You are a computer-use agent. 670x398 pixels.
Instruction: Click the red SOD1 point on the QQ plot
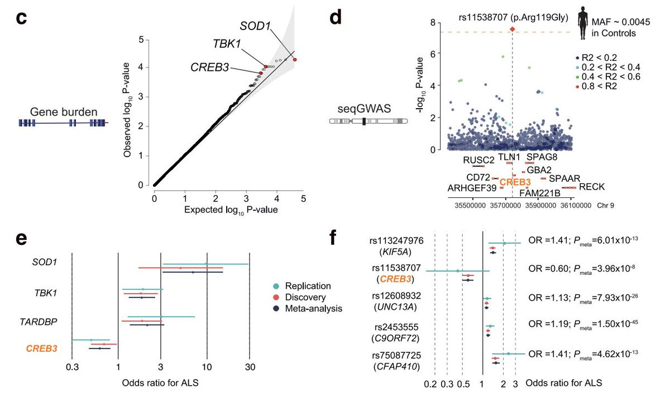pos(295,60)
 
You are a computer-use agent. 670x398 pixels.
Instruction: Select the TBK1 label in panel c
pos(227,44)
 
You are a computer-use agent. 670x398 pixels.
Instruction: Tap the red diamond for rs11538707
pos(513,29)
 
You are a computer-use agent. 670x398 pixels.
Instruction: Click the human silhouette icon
pos(583,23)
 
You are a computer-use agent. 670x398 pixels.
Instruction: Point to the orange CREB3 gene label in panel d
pos(515,182)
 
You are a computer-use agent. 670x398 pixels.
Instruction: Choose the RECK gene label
pos(592,187)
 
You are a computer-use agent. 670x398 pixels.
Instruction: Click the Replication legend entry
pos(302,286)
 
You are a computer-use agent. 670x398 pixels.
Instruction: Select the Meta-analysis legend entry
pos(308,308)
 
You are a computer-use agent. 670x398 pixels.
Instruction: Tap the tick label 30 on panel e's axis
pos(250,367)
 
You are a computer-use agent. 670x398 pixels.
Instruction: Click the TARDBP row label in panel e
pos(39,322)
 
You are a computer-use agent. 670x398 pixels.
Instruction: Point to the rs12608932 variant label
pos(396,295)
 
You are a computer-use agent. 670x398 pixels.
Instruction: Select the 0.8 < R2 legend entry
pos(596,86)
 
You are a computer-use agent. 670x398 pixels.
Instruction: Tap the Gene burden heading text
pos(64,112)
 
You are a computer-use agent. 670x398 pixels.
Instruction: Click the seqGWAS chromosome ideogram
pos(368,121)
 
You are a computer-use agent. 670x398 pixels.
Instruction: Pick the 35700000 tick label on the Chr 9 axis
pos(505,206)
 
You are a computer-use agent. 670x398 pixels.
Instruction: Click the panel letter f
pos(333,237)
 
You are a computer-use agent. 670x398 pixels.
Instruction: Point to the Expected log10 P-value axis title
pos(231,210)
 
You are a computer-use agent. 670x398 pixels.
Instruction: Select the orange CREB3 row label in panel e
pos(41,348)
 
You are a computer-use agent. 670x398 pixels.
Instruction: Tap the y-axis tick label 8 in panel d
pos(433,23)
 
